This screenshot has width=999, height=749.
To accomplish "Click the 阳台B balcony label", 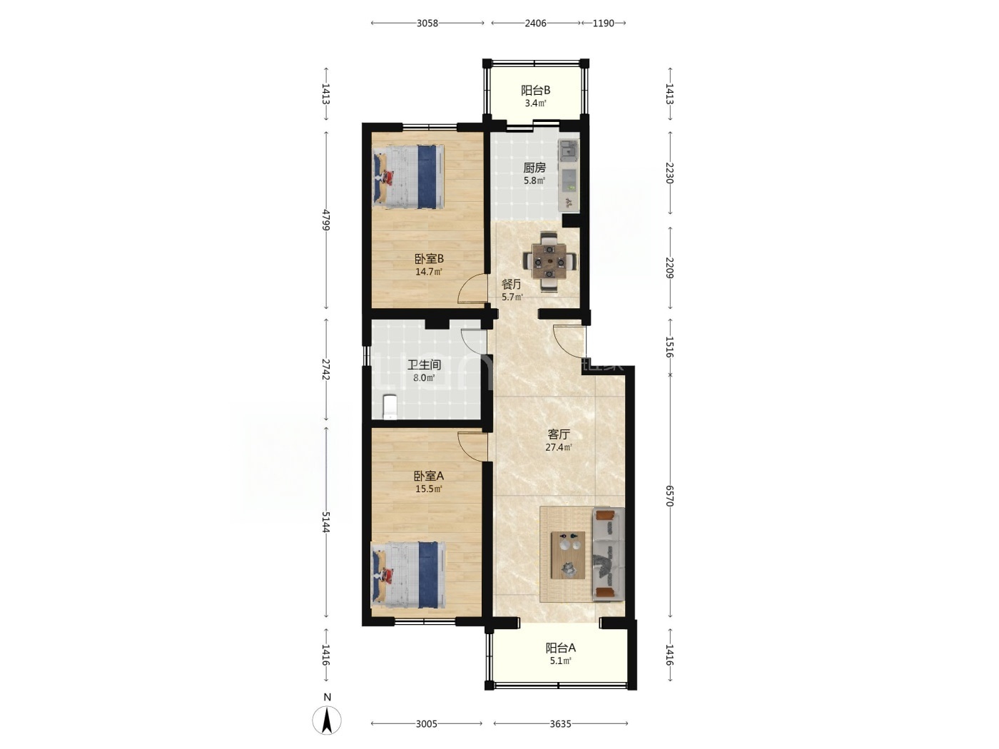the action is coord(535,90).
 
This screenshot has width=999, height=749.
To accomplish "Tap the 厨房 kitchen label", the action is coord(534,168).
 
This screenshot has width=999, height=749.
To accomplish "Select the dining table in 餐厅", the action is coord(549,262).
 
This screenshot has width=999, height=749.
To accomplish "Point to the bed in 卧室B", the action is coord(408,177).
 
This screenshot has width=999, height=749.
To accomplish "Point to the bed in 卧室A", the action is coord(409,574).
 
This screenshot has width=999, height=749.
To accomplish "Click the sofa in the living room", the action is coord(609,554).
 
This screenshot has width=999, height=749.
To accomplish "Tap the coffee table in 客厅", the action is coord(568,555).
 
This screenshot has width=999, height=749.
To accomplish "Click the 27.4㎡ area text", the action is coord(559,447).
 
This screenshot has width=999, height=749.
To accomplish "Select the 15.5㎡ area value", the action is coord(429,489).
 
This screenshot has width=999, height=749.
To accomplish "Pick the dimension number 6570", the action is coord(669,496).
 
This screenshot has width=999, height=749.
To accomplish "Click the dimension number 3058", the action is coord(427,24).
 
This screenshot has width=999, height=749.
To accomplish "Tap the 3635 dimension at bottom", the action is coord(560,723).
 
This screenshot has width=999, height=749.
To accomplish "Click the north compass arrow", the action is coord(326,720).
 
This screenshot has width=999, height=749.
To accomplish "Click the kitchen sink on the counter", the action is coord(569,151).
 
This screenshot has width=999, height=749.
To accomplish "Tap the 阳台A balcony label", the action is coord(560,648).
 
